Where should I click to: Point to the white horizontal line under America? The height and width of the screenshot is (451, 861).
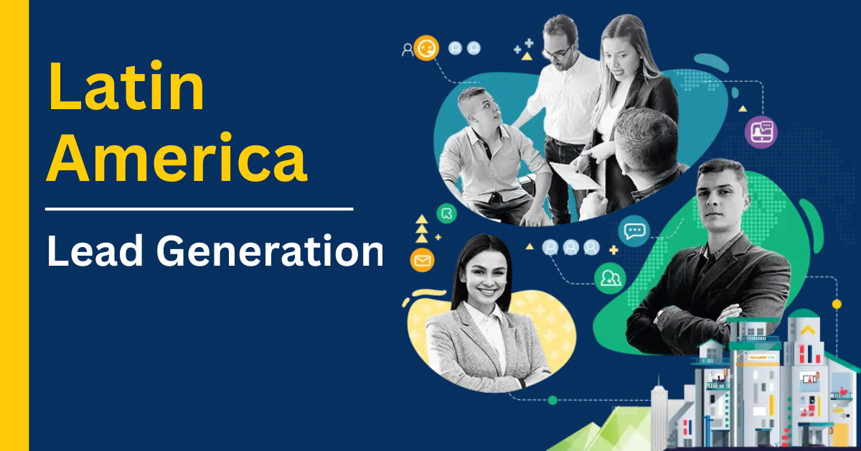click(x=199, y=209)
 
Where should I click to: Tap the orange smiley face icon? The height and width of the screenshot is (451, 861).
click(x=426, y=48)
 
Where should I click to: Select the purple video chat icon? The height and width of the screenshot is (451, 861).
click(x=761, y=131)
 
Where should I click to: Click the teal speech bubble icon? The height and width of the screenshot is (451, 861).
click(x=634, y=231)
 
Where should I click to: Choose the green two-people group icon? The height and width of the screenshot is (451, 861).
click(x=610, y=278)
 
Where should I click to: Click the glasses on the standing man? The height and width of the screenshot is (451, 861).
click(x=558, y=52)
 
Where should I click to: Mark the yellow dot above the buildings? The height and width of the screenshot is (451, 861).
click(x=837, y=304)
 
